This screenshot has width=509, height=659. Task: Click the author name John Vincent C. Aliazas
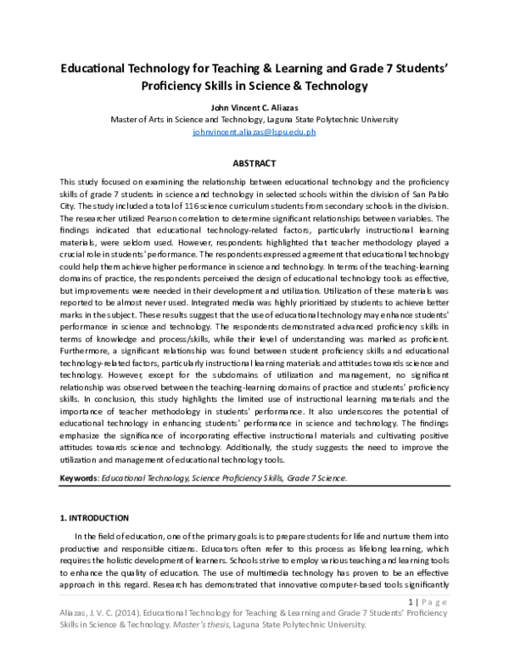tap(254, 107)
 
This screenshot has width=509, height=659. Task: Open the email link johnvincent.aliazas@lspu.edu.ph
tap(254, 132)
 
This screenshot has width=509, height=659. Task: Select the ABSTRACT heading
tap(254, 163)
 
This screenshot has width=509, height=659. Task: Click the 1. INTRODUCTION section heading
tap(93, 517)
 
